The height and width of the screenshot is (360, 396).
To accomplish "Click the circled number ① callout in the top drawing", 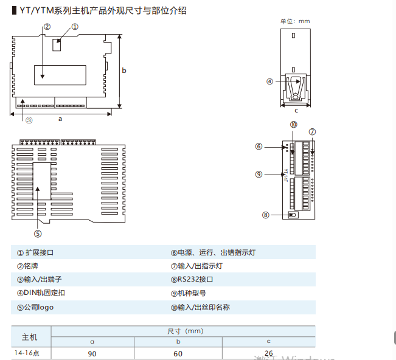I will click(75, 27).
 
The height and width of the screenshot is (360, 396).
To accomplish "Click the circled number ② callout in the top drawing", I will click(47, 27).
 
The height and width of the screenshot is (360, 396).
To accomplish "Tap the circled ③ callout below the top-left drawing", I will click(29, 120).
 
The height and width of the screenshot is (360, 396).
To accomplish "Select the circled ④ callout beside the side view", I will click(269, 81).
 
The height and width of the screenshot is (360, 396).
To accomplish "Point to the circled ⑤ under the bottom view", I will click(38, 233).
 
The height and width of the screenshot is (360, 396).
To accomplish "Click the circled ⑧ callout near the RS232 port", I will click(266, 215).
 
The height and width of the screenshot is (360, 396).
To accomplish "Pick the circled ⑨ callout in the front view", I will click(259, 174).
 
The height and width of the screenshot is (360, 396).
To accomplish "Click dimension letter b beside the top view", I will click(124, 71).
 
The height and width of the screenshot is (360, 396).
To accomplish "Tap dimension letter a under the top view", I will click(60, 119).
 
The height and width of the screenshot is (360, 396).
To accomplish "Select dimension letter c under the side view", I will click(296, 111).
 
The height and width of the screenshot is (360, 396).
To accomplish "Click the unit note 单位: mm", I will click(294, 21).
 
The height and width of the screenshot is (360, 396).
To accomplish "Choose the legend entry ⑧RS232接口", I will click(192, 280).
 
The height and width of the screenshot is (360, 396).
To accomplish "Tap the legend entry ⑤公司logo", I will click(35, 307).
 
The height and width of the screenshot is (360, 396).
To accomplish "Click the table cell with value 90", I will click(92, 353).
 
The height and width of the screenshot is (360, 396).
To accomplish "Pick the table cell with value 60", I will click(178, 353).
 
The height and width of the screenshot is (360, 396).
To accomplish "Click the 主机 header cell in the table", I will click(30, 337).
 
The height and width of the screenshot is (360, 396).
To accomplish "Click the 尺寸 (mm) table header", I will click(184, 331).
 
